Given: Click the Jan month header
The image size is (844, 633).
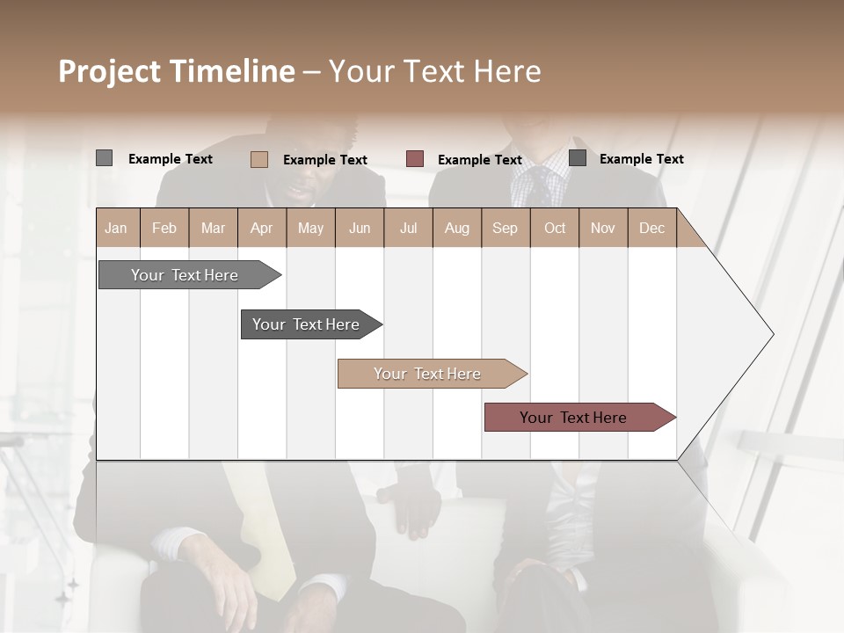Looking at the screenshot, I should click(x=117, y=228).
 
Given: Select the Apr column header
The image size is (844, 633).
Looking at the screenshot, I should click(x=262, y=228).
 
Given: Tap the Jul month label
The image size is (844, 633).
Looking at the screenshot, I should click(x=408, y=228).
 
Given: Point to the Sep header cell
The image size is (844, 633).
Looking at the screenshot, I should click(x=506, y=228).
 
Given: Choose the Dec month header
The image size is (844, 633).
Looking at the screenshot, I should click(x=651, y=228).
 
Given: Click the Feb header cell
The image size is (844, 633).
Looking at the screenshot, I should click(x=164, y=228).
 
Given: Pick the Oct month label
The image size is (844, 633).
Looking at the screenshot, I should click(x=555, y=228).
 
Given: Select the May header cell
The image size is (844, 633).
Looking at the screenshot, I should click(x=310, y=228).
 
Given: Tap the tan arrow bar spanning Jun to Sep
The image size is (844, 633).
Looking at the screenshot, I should click(x=428, y=374).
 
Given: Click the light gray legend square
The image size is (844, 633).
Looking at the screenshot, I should click(x=104, y=158).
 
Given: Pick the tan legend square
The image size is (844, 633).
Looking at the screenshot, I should click(x=259, y=159).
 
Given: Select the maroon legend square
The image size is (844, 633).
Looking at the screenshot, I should click(x=415, y=159).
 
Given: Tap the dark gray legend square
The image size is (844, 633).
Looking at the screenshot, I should click(x=578, y=158).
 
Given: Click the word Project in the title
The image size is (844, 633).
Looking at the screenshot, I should click(x=109, y=71).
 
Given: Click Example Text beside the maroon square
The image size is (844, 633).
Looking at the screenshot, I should click(x=479, y=160).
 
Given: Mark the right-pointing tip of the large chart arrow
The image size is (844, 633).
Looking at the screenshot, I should click(x=772, y=334).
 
